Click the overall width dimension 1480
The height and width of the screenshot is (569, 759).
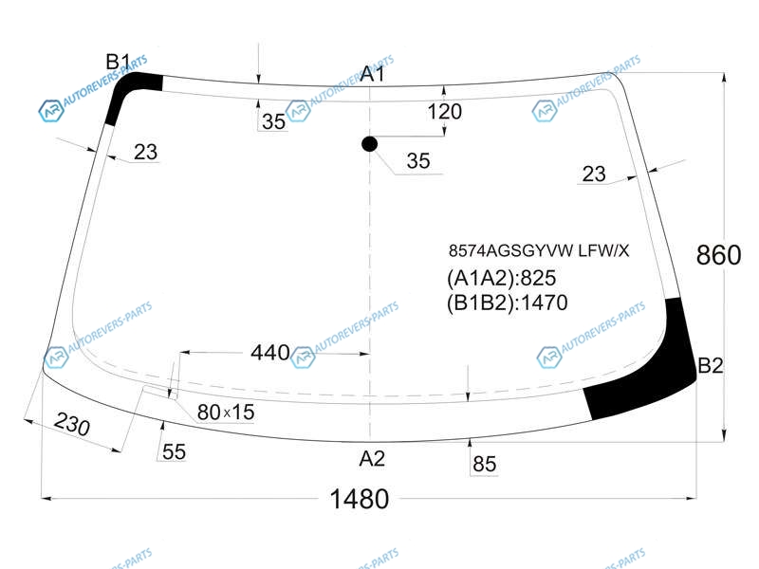pos(360,499)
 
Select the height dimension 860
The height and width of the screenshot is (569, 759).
pos(718,254)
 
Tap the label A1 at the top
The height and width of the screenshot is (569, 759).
pos(373,74)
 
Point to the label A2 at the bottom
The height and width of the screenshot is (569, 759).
pos(372,458)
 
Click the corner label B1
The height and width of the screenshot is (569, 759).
pos(118,62)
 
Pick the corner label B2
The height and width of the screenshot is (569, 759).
pos(710,365)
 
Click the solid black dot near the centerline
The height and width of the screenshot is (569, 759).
pos(369,144)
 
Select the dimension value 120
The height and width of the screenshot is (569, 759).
pos(444,112)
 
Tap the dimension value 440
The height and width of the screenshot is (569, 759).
pos(270,352)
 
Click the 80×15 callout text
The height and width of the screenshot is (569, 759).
pos(226,413)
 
